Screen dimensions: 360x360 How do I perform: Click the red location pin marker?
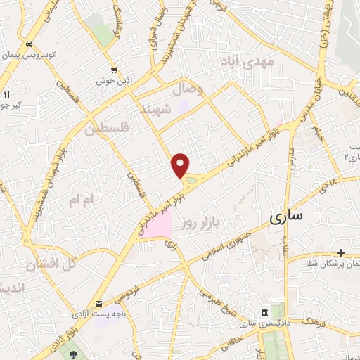[x=181, y=165]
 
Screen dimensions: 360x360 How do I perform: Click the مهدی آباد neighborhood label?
[x=248, y=62]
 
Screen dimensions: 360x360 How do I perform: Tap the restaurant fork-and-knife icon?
[x=7, y=94]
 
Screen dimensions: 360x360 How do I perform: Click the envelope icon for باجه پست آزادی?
[x=99, y=303]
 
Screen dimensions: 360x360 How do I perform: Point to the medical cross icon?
[x=341, y=252]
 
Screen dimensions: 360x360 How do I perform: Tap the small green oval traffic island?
[x=190, y=183]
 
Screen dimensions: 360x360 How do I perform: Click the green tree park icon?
[x=75, y=351]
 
